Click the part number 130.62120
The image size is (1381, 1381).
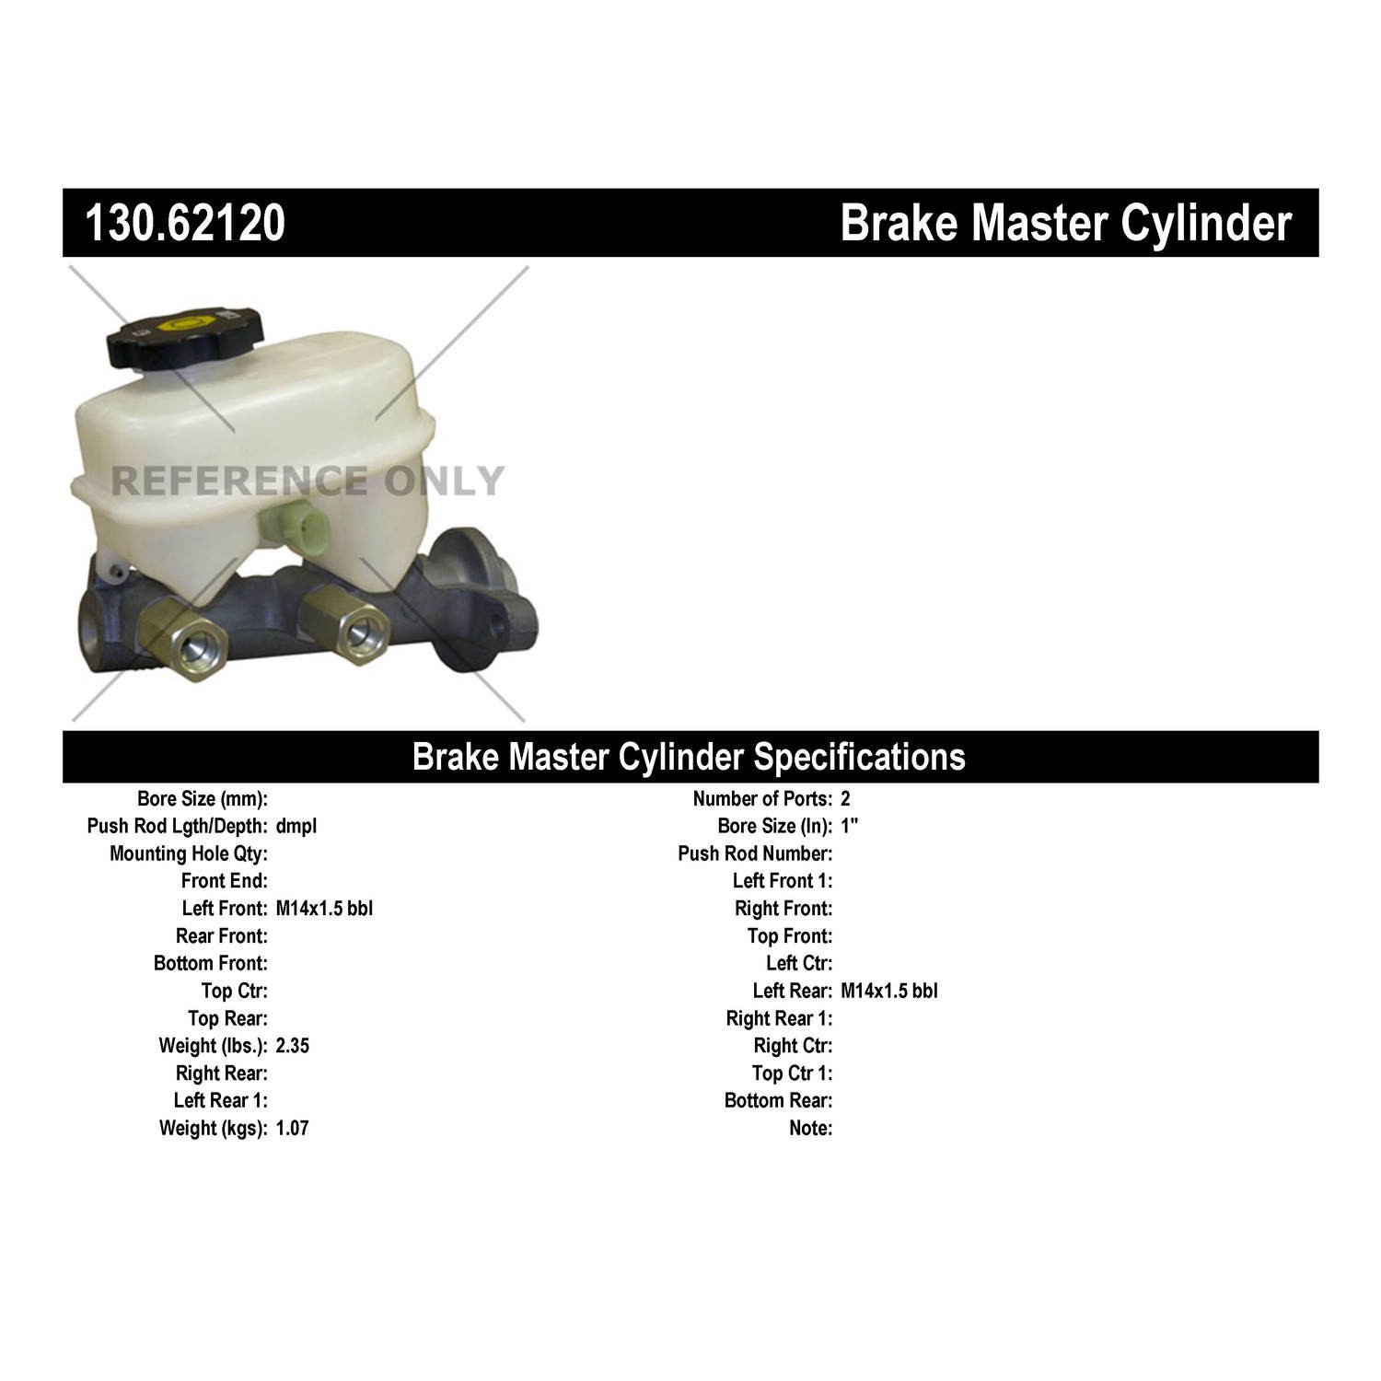185,224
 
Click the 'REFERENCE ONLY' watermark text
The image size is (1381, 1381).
308,482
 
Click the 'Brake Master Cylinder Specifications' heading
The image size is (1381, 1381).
689,757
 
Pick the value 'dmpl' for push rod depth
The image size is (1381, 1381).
296,826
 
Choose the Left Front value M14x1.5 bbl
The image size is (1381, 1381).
324,909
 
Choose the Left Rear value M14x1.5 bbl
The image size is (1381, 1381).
889,991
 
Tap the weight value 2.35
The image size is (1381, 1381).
293,1046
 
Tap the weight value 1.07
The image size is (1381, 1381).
292,1128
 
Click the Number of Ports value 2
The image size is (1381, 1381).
845,799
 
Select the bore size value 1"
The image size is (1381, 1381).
849,826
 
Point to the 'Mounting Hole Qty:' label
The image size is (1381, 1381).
189,853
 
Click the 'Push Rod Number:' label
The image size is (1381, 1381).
755,853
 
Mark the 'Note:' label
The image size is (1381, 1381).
810,1128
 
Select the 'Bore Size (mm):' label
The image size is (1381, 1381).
203,799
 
